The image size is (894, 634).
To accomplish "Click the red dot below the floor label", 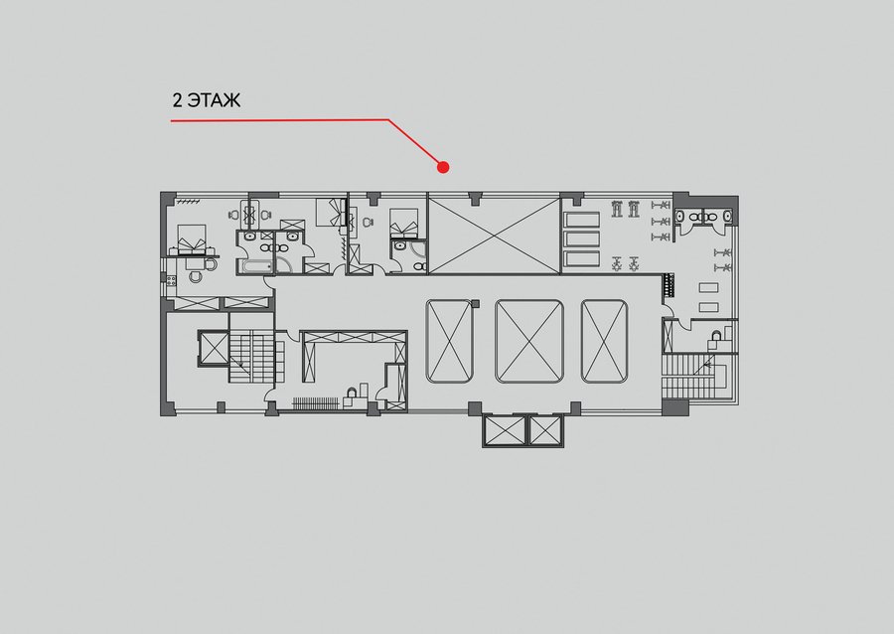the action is [443, 167].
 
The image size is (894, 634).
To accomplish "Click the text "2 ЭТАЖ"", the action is [207, 100].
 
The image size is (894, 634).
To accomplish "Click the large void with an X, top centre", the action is [495, 235].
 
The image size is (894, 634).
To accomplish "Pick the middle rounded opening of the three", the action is [529, 341].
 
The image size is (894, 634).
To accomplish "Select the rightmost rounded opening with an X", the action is [604, 341].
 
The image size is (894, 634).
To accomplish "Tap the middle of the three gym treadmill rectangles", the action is [581, 239].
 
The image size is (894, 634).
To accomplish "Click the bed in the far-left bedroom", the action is [192, 239].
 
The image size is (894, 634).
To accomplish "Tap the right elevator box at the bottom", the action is [545, 430].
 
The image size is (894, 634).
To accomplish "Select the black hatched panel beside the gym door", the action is [669, 285].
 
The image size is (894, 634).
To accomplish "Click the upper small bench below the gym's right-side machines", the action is [708, 288].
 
